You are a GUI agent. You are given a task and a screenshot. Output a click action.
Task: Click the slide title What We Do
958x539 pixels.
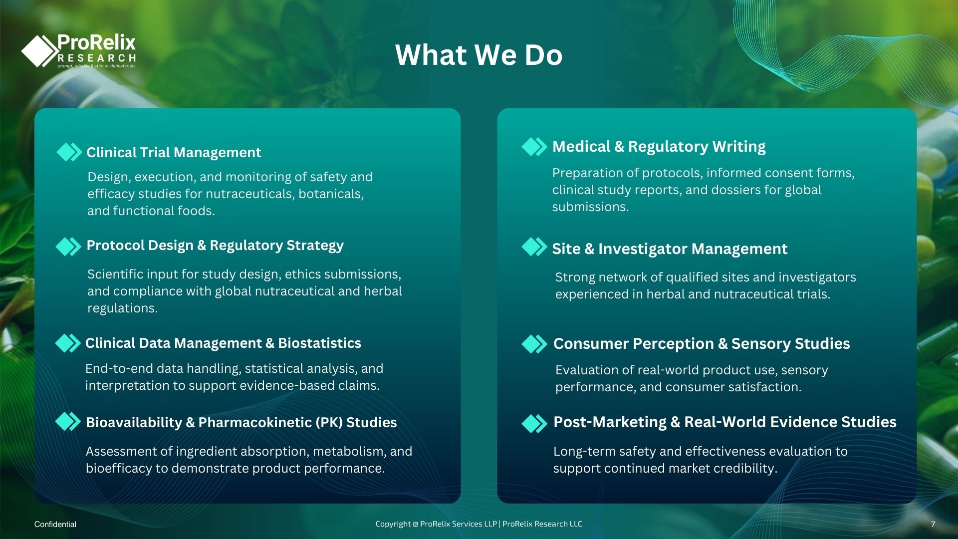[479, 54]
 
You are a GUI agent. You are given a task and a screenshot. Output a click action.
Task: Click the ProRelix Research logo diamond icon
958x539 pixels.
[40, 50]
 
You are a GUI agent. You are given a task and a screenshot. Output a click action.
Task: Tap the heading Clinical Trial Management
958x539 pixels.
[174, 152]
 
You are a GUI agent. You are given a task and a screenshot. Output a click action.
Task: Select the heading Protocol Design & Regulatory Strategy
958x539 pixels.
[215, 246]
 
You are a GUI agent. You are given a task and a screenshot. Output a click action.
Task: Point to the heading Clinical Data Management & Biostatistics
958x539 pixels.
[223, 343]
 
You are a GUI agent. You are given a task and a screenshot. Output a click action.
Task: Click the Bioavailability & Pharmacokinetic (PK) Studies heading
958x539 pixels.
[241, 422]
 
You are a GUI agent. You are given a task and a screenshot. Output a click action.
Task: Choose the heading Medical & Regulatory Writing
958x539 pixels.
[659, 147]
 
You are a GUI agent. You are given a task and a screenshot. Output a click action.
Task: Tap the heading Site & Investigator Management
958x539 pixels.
[670, 249]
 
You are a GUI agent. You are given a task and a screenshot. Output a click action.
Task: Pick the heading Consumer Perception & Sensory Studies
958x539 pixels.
[702, 343]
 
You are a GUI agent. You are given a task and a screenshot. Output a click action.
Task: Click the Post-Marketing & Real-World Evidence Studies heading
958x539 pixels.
[725, 422]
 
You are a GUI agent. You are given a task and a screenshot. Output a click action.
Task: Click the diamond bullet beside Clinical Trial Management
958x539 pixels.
[69, 152]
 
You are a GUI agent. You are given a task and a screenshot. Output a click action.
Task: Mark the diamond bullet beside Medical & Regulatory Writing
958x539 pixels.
[534, 147]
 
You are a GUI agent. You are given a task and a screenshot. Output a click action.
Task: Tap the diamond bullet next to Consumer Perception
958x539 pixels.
[534, 344]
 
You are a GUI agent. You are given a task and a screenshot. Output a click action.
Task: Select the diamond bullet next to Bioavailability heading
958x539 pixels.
[68, 422]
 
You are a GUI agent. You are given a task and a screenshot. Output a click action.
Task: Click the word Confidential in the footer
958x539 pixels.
[55, 524]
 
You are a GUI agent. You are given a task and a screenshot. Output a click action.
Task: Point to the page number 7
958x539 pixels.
[933, 524]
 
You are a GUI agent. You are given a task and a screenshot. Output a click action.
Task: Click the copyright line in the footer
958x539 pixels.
[479, 524]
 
